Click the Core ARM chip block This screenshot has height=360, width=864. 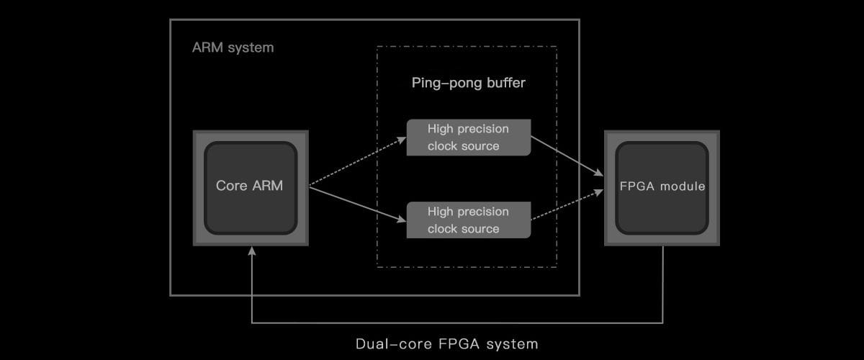(251, 188)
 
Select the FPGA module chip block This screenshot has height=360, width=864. (662, 188)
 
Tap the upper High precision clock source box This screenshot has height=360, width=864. (468, 138)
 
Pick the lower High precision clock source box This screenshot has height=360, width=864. (468, 220)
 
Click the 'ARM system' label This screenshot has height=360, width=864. (233, 48)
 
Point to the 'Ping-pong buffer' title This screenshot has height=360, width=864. (468, 83)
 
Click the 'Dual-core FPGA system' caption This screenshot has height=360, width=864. (446, 343)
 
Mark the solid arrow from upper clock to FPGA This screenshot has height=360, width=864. (567, 155)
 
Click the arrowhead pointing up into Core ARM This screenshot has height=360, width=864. (251, 251)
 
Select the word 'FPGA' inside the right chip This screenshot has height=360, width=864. (636, 186)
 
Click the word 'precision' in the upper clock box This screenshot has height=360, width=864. (485, 129)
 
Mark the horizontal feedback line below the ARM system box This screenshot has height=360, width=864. (457, 323)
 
